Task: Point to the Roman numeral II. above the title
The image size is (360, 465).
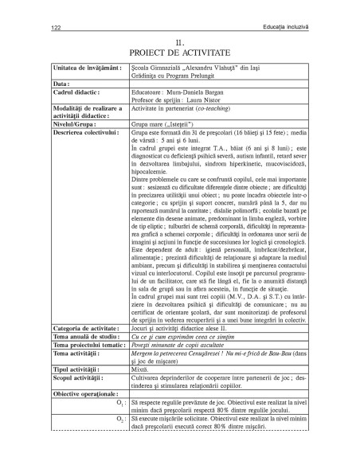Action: click(x=180, y=40)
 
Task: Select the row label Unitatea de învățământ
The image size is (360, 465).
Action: click(x=83, y=69)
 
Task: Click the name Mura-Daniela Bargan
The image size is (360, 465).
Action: click(x=192, y=91)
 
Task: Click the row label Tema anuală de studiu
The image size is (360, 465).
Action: click(x=85, y=335)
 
